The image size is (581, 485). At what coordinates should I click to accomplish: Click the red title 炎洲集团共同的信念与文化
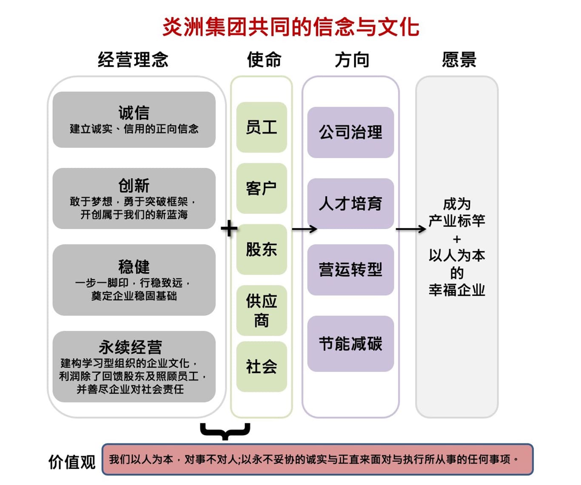tap(291, 27)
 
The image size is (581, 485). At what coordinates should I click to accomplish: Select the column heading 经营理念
tap(133, 60)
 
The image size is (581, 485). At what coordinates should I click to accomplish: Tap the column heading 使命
tap(264, 60)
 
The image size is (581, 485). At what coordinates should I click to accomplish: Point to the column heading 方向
tap(352, 60)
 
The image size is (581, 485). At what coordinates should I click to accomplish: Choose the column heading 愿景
tap(459, 60)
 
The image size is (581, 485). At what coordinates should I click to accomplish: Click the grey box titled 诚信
tap(134, 119)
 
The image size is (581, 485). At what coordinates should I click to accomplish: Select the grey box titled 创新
tap(134, 199)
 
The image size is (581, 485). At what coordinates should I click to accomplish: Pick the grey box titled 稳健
tap(134, 280)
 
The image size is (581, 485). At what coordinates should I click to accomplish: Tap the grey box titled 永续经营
tap(134, 366)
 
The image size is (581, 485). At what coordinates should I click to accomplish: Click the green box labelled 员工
tap(262, 127)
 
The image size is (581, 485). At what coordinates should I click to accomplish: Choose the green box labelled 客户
tap(262, 188)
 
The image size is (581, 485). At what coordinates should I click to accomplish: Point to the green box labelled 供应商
tap(262, 310)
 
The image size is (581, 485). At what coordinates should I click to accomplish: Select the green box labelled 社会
tap(262, 366)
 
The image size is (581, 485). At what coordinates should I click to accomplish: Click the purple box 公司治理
tap(350, 132)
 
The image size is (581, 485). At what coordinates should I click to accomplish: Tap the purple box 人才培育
tap(350, 204)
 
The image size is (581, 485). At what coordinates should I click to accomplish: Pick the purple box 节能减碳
tap(350, 343)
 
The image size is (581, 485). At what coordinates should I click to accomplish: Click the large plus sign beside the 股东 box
tap(229, 229)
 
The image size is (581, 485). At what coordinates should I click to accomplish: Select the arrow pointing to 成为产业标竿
tap(410, 229)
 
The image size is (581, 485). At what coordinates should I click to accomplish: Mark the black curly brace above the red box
tap(225, 431)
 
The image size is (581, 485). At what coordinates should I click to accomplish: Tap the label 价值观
tap(72, 462)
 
